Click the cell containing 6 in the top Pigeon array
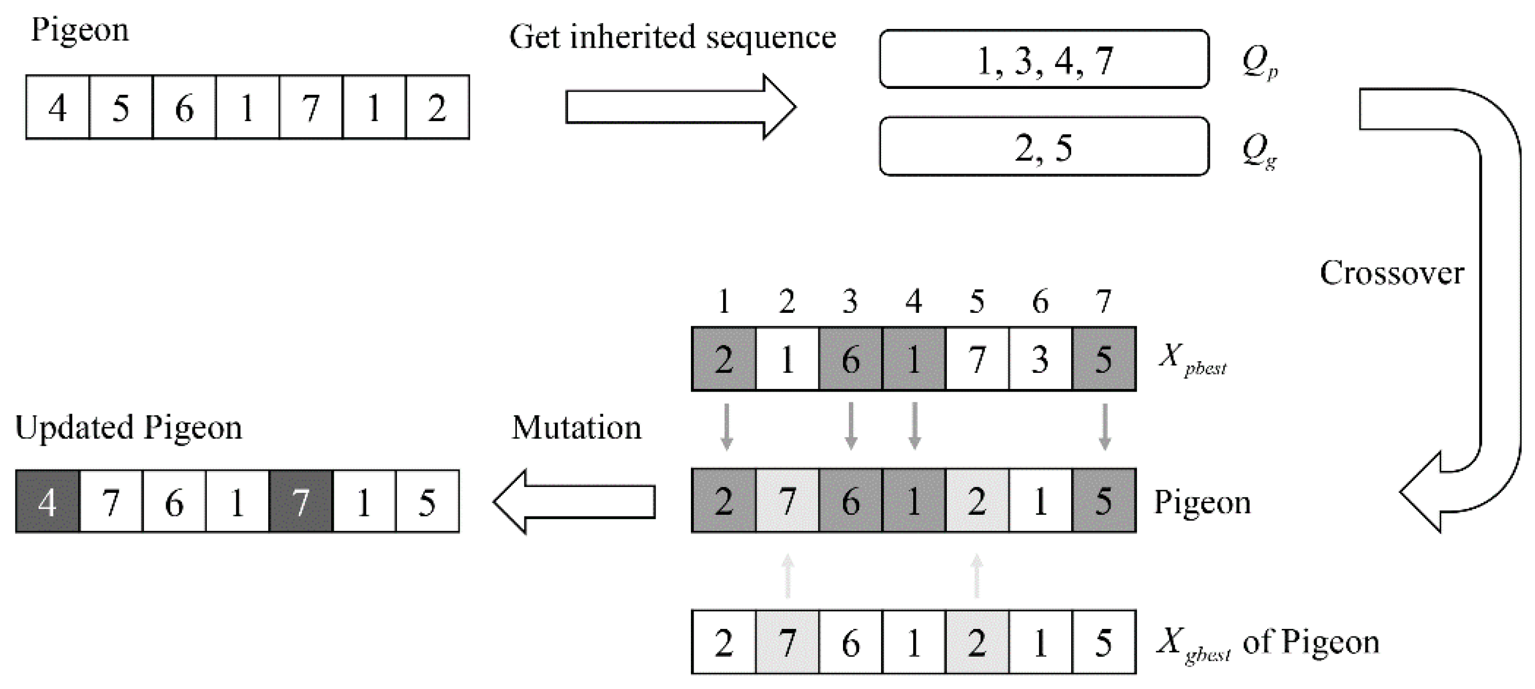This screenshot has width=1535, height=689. pyautogui.click(x=184, y=108)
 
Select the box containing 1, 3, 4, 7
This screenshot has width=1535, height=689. pyautogui.click(x=1043, y=59)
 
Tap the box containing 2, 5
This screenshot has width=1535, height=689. pyautogui.click(x=1043, y=147)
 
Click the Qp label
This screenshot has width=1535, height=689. pyautogui.click(x=1259, y=62)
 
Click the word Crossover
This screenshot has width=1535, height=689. pyautogui.click(x=1391, y=274)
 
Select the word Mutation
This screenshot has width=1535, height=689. pyautogui.click(x=576, y=428)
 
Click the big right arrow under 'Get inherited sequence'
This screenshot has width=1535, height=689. pyautogui.click(x=679, y=107)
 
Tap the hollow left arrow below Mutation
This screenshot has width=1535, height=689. pyautogui.click(x=575, y=501)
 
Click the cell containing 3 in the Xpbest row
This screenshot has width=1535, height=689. pyautogui.click(x=1040, y=360)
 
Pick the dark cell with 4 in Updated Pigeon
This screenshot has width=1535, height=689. pyautogui.click(x=48, y=502)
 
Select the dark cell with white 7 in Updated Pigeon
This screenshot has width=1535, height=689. pyautogui.click(x=301, y=502)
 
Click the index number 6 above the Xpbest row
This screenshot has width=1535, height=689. pyautogui.click(x=1040, y=302)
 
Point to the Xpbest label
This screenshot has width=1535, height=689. pyautogui.click(x=1192, y=360)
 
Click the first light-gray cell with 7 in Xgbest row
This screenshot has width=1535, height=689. pyautogui.click(x=787, y=642)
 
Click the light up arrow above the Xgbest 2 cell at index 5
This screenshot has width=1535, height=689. pyautogui.click(x=976, y=576)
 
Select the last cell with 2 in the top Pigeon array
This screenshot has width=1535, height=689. pyautogui.click(x=438, y=108)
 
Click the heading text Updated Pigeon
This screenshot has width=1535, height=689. pyautogui.click(x=129, y=428)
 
